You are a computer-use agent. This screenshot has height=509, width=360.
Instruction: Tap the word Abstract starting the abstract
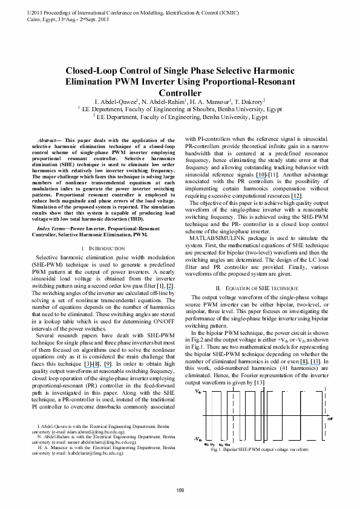click(x=49, y=140)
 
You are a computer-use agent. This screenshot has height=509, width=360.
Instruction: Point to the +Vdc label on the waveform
click(x=199, y=376)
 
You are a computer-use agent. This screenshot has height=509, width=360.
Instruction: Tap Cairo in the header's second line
click(x=18, y=19)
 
